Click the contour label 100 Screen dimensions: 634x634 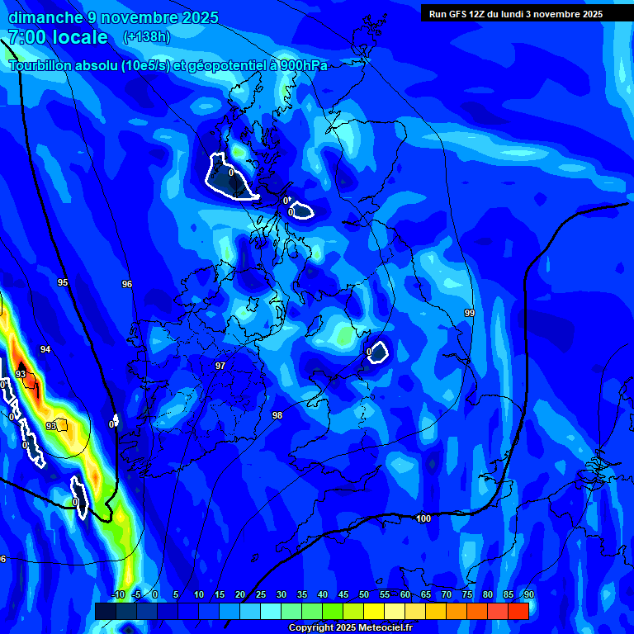[423, 518]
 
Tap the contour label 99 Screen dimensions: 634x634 [470, 313]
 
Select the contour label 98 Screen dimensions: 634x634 [277, 415]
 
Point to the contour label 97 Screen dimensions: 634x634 [220, 366]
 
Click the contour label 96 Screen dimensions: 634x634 [127, 284]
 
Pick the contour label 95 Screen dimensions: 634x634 [63, 282]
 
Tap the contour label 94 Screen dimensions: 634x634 [45, 349]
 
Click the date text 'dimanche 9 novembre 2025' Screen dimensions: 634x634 [113, 17]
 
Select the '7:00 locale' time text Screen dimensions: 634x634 [58, 37]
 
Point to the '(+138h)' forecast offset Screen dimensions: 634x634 [146, 37]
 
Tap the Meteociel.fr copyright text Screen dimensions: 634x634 [350, 628]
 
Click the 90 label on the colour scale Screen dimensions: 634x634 [528, 594]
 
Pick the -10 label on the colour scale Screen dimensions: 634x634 [118, 594]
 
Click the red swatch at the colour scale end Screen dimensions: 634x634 [518, 611]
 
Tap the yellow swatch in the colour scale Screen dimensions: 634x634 [373, 611]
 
